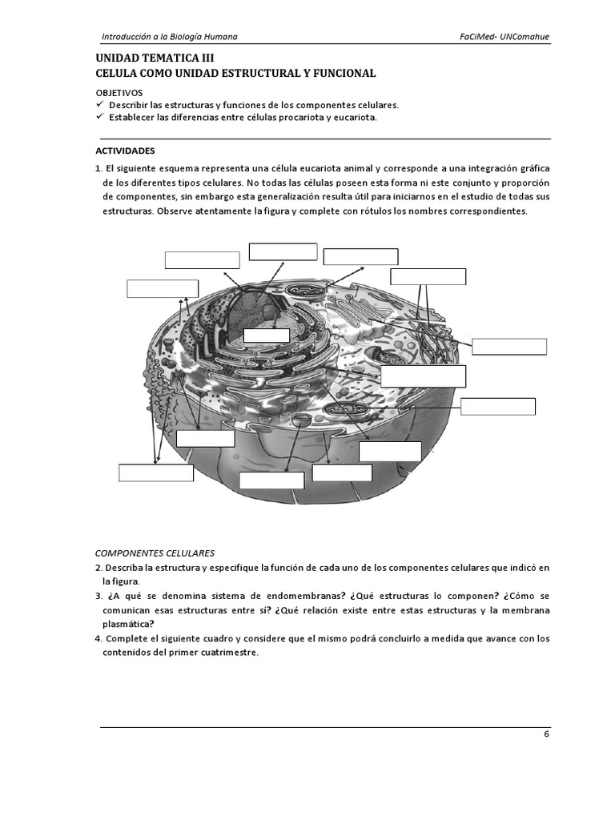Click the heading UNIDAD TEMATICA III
pyautogui.click(x=155, y=58)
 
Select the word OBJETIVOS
pyautogui.click(x=119, y=93)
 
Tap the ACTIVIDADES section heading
pyautogui.click(x=125, y=151)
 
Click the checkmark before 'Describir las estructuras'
pyautogui.click(x=99, y=105)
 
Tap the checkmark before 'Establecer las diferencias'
pyautogui.click(x=99, y=117)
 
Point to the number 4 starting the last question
pyautogui.click(x=98, y=639)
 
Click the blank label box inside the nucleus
pyautogui.click(x=266, y=336)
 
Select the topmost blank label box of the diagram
pyautogui.click(x=283, y=251)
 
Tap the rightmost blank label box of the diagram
pyautogui.click(x=509, y=346)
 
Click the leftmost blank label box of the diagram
pyautogui.click(x=156, y=472)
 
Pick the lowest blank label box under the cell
pyautogui.click(x=272, y=480)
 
